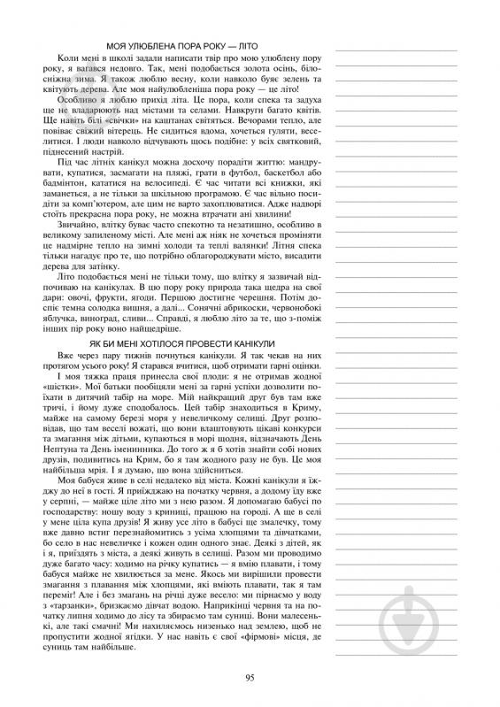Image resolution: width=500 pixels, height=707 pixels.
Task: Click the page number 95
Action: [250, 678]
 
